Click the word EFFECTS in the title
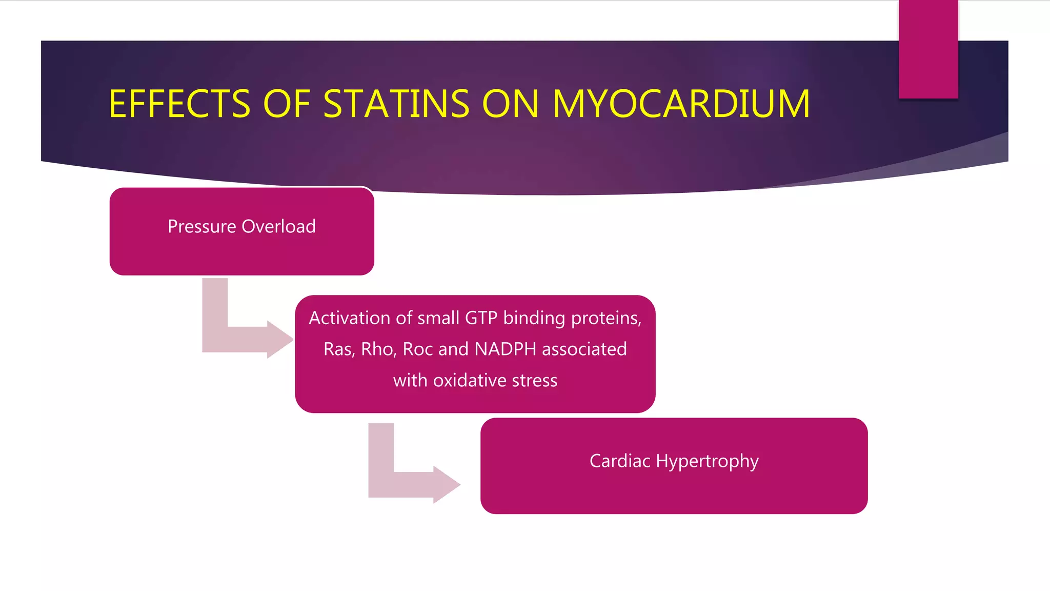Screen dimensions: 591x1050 pyautogui.click(x=179, y=104)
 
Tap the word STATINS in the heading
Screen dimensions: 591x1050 pyautogui.click(x=396, y=104)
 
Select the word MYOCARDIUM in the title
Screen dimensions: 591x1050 pyautogui.click(x=681, y=104)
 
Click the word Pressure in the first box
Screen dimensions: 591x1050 pyautogui.click(x=202, y=227)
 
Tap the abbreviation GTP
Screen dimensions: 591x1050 pyautogui.click(x=481, y=318)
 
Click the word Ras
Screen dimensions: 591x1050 pyautogui.click(x=338, y=349)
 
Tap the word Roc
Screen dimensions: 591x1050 pyautogui.click(x=418, y=349)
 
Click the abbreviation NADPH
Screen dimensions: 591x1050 pyautogui.click(x=506, y=349)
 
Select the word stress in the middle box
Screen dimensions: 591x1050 pyautogui.click(x=535, y=381)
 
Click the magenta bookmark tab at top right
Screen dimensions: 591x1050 pyautogui.click(x=928, y=49)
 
